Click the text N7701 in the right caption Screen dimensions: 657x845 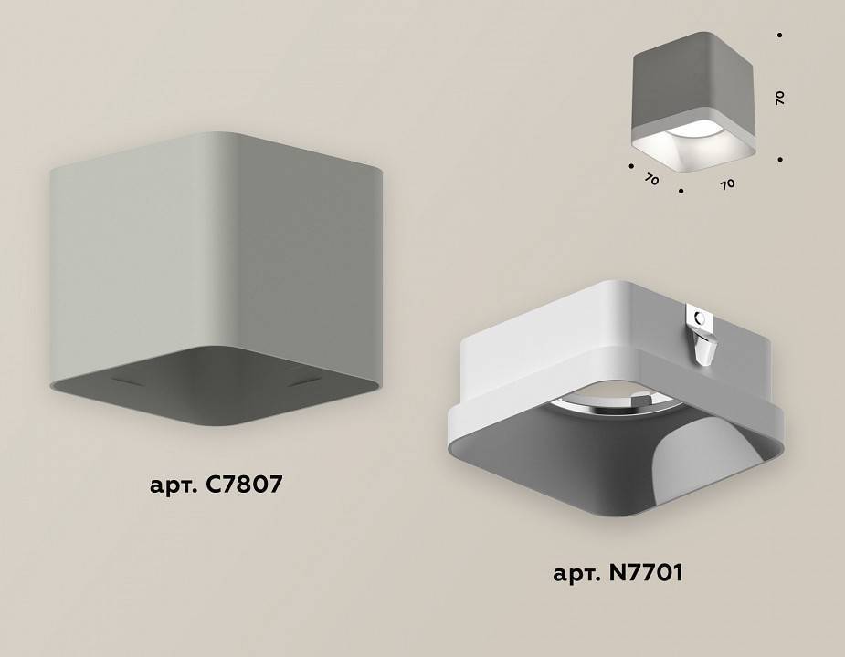coord(643,574)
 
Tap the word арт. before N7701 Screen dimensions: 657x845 coord(575,575)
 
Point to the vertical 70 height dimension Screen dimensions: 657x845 coord(780,98)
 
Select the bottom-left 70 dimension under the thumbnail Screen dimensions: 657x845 coord(650,180)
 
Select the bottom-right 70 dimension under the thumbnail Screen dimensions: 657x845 coord(727,183)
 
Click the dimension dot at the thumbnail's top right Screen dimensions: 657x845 coord(779,36)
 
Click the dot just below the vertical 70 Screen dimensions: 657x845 coord(780,160)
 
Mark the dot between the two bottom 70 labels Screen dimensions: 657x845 coord(681,193)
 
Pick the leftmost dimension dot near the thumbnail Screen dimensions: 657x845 coord(631,166)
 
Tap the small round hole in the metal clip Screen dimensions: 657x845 coord(698,318)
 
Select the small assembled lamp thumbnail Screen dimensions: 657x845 coord(692,100)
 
